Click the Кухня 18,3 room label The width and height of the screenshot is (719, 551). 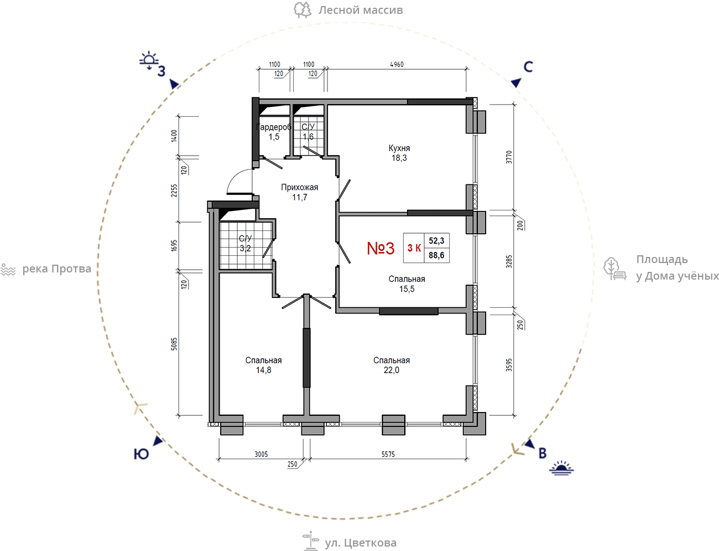click(399, 153)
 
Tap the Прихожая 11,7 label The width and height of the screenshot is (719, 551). click(299, 192)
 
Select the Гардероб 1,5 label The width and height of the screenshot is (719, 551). click(274, 132)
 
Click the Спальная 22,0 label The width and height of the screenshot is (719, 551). click(392, 365)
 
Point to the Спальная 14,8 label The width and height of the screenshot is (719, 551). click(263, 365)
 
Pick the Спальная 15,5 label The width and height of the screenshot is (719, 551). click(407, 284)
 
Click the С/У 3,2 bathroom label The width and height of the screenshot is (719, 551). click(245, 243)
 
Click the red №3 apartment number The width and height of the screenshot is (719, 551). click(381, 248)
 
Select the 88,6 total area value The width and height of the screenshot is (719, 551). click(436, 255)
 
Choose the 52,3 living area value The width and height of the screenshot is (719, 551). click(436, 241)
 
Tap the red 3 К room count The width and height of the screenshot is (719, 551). click(414, 248)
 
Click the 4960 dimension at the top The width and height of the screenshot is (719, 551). click(397, 65)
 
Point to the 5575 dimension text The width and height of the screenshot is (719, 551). click(388, 454)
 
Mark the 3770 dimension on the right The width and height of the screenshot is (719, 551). click(509, 157)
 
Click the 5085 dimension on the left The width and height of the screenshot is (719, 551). click(174, 344)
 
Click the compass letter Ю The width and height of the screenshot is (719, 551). click(141, 454)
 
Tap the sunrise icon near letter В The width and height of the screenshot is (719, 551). click(561, 468)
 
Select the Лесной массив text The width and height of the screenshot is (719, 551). click(361, 10)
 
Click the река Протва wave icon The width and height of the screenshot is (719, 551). click(8, 270)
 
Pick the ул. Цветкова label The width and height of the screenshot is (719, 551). click(361, 543)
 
